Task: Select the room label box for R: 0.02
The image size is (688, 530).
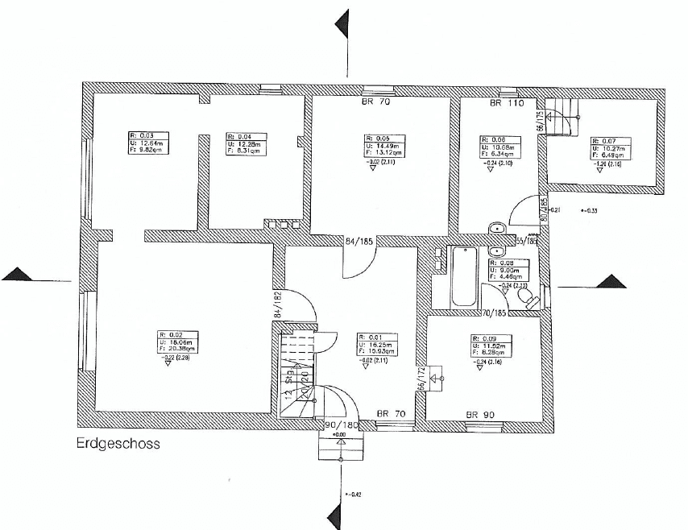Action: click(x=178, y=343)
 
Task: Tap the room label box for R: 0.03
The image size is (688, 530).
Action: click(x=151, y=143)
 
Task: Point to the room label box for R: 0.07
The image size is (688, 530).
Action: click(x=611, y=148)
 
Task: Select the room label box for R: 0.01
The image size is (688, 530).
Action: click(x=379, y=345)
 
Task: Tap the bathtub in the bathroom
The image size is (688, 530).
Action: click(x=464, y=277)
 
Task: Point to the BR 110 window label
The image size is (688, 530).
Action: click(x=507, y=105)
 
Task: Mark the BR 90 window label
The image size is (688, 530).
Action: click(x=479, y=415)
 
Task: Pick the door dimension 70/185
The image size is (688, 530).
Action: click(x=494, y=313)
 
